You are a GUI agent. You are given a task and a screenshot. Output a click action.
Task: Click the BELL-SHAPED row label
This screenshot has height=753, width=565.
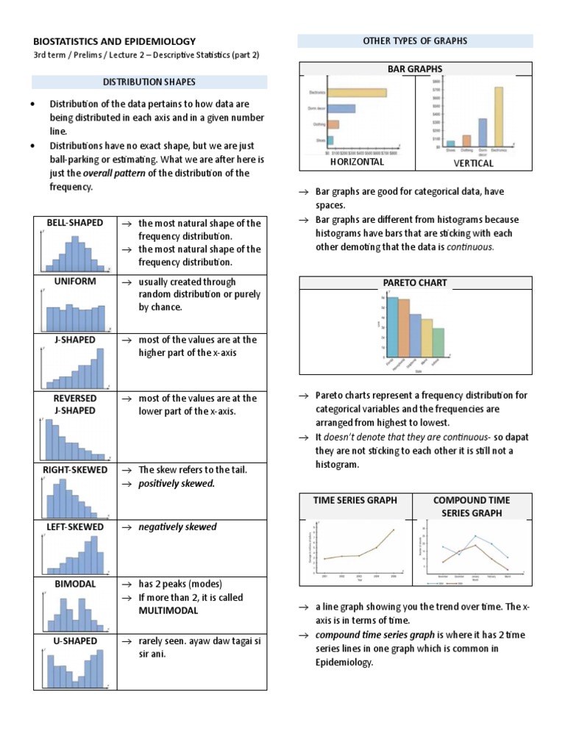(74, 223)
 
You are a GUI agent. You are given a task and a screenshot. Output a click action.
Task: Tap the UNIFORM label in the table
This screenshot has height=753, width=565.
(74, 282)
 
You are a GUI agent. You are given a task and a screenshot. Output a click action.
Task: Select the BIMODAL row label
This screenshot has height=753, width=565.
(74, 583)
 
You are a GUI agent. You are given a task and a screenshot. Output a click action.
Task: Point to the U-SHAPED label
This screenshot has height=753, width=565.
(74, 641)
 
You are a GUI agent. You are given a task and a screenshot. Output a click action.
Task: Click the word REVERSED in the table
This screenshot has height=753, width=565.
(75, 398)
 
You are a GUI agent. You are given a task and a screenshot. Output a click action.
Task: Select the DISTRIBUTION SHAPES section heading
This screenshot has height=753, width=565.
(149, 82)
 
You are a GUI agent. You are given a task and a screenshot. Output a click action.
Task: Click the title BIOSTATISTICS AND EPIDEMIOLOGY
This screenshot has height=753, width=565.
(116, 42)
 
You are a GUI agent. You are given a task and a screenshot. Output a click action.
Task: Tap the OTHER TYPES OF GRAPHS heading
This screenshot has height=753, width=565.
(415, 41)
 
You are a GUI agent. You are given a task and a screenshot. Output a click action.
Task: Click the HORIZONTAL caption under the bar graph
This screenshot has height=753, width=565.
(357, 162)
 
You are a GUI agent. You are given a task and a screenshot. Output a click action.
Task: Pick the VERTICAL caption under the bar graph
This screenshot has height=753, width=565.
(473, 163)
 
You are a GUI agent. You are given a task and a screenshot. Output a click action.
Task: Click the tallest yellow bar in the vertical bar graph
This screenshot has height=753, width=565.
(499, 116)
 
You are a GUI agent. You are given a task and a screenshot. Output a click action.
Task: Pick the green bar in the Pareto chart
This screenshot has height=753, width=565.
(438, 341)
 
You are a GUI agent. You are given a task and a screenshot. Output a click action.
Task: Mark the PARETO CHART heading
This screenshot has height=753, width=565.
(415, 282)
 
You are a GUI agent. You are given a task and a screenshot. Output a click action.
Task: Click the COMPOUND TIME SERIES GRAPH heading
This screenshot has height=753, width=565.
(472, 506)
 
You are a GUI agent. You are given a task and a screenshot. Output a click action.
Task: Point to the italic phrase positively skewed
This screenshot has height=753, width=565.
(177, 484)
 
